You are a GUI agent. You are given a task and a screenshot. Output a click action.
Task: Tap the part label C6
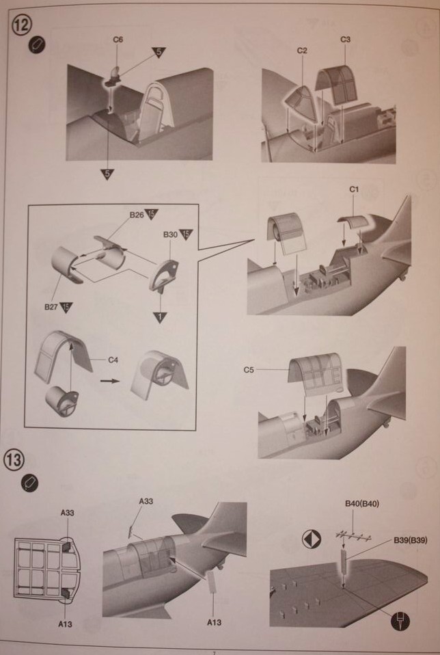click(118, 40)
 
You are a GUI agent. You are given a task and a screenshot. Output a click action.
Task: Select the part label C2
click(303, 51)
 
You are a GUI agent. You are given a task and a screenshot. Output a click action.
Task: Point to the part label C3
click(345, 40)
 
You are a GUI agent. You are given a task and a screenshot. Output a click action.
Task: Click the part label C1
click(354, 188)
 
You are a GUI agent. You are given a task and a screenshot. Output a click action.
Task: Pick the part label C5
click(249, 370)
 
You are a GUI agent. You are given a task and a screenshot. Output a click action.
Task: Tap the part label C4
click(113, 358)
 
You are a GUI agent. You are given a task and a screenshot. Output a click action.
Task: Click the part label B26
click(136, 215)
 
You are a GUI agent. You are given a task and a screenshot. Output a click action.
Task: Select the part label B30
click(170, 235)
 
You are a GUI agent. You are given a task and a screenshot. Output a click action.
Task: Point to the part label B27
click(51, 307)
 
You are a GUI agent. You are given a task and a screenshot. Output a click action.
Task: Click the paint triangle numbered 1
click(160, 317)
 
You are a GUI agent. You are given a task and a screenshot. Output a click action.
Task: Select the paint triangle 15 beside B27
click(67, 307)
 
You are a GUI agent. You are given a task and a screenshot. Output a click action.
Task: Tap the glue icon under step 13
click(29, 483)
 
